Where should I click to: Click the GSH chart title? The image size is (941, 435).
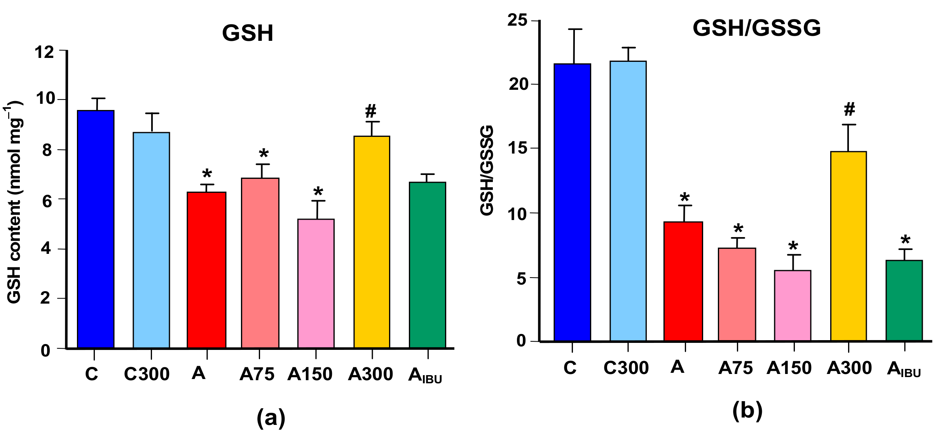(248, 33)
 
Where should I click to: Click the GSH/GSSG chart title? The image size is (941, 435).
(756, 28)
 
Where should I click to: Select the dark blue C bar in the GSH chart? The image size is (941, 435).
(96, 229)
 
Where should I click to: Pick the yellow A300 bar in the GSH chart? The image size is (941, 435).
(372, 242)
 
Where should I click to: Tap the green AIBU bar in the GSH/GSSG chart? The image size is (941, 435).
(904, 300)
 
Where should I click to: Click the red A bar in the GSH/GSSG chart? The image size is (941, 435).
(683, 281)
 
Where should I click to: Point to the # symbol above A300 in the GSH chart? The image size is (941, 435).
(371, 111)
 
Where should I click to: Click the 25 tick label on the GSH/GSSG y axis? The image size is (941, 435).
(517, 20)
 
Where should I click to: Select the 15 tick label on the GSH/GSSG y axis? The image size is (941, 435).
(518, 148)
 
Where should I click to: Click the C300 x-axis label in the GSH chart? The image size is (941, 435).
(147, 374)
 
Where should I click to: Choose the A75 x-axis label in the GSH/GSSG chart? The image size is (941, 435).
(735, 368)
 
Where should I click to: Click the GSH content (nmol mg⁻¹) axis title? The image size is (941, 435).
(14, 202)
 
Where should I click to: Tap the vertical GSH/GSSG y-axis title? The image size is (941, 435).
(487, 170)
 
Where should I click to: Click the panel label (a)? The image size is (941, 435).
(271, 418)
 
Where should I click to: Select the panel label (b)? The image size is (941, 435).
(747, 411)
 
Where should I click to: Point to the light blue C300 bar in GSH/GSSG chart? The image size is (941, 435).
(628, 201)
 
